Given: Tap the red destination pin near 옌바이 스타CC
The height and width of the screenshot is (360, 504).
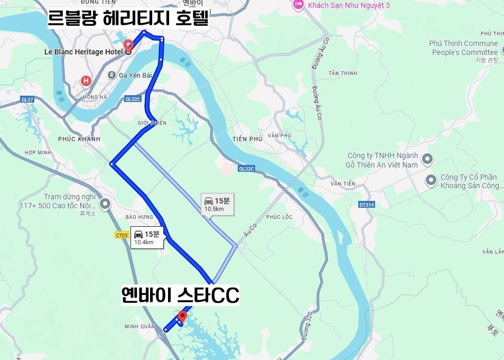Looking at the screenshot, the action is pyautogui.click(x=182, y=317).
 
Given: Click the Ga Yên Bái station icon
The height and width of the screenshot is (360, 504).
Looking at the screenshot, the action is pyautogui.click(x=111, y=75).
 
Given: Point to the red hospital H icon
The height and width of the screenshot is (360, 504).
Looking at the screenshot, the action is pyautogui.click(x=86, y=81).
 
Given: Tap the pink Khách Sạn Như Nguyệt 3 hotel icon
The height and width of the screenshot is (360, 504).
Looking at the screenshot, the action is pyautogui.click(x=298, y=5).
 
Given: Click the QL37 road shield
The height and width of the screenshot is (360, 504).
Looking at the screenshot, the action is pyautogui.click(x=27, y=99).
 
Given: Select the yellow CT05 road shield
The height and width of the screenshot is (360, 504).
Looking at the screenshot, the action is pyautogui.click(x=122, y=235).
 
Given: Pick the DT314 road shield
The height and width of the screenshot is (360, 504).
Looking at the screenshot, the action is pyautogui.click(x=366, y=204).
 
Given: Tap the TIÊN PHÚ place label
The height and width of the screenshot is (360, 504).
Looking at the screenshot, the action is pyautogui.click(x=247, y=139).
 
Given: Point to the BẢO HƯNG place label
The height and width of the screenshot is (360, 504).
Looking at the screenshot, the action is pyautogui.click(x=139, y=217).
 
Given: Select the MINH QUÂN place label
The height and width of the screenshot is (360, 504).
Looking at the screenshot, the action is pyautogui.click(x=139, y=327).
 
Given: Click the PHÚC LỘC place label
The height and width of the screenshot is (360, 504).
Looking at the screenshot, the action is pyautogui.click(x=279, y=217).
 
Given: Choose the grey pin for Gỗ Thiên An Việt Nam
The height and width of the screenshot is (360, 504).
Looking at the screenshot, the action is pyautogui.click(x=427, y=158).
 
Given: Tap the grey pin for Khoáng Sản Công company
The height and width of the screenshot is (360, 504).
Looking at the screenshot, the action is pyautogui.click(x=431, y=180).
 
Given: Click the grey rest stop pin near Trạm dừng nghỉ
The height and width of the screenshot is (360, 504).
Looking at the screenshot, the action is pyautogui.click(x=105, y=203).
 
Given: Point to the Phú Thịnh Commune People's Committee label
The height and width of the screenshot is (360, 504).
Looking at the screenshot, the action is pyautogui.click(x=464, y=48).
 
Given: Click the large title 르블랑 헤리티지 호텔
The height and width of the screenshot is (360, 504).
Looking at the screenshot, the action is pyautogui.click(x=128, y=20).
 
